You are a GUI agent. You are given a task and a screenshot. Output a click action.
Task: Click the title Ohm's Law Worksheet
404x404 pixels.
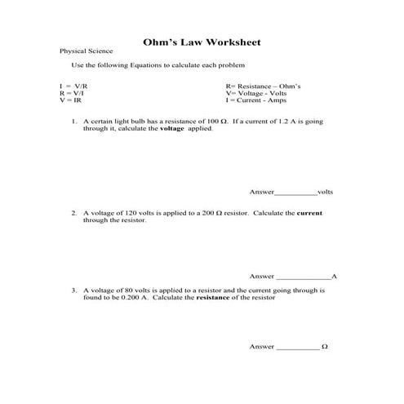coord(202,41)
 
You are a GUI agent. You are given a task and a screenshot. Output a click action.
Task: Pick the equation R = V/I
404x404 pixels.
coord(71,92)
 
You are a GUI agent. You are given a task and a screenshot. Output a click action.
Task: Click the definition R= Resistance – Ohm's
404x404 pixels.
coord(263,86)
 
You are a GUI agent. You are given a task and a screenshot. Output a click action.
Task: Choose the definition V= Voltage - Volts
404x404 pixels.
coord(258,92)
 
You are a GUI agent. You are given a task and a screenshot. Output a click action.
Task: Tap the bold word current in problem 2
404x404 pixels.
coord(309,212)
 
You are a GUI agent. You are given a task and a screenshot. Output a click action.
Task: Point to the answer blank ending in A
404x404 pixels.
coord(304,277)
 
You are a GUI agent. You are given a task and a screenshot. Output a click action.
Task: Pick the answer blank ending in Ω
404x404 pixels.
coord(298,347)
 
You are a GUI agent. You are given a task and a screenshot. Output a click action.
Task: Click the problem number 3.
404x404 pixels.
coord(73,290)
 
